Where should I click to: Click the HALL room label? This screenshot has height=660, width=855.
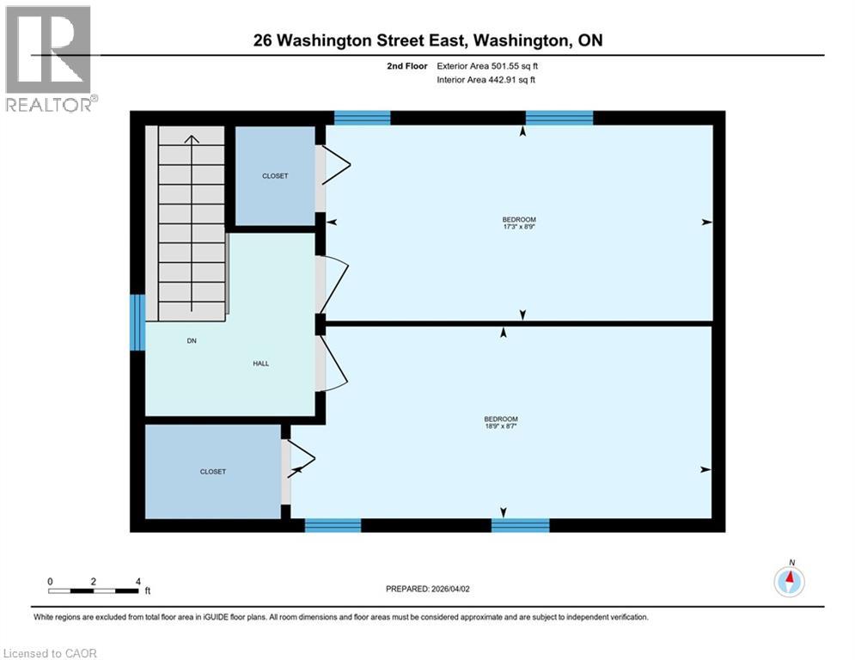point(260,364)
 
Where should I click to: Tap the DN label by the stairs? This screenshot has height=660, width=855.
point(192,341)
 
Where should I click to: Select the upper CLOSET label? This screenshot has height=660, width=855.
point(275,176)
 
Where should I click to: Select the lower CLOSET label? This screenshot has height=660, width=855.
point(213,472)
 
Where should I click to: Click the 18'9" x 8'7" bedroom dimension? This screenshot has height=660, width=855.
point(500,425)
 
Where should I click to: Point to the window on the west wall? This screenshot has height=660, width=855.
point(137,322)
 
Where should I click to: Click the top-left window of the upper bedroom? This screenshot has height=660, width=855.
point(362,119)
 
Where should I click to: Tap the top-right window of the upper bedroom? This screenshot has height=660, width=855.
point(559,119)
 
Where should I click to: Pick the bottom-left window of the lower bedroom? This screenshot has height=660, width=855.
point(333,525)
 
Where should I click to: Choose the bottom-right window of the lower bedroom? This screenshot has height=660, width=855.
point(520,525)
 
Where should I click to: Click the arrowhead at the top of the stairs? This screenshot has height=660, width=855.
point(192,137)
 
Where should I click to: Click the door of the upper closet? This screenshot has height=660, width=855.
point(330,165)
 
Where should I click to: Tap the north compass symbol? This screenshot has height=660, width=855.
point(789,581)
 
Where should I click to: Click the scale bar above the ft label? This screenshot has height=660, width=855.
point(94,590)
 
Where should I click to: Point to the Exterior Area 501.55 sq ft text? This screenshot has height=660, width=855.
point(488,65)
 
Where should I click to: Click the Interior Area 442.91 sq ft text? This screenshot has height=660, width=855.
point(487,80)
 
